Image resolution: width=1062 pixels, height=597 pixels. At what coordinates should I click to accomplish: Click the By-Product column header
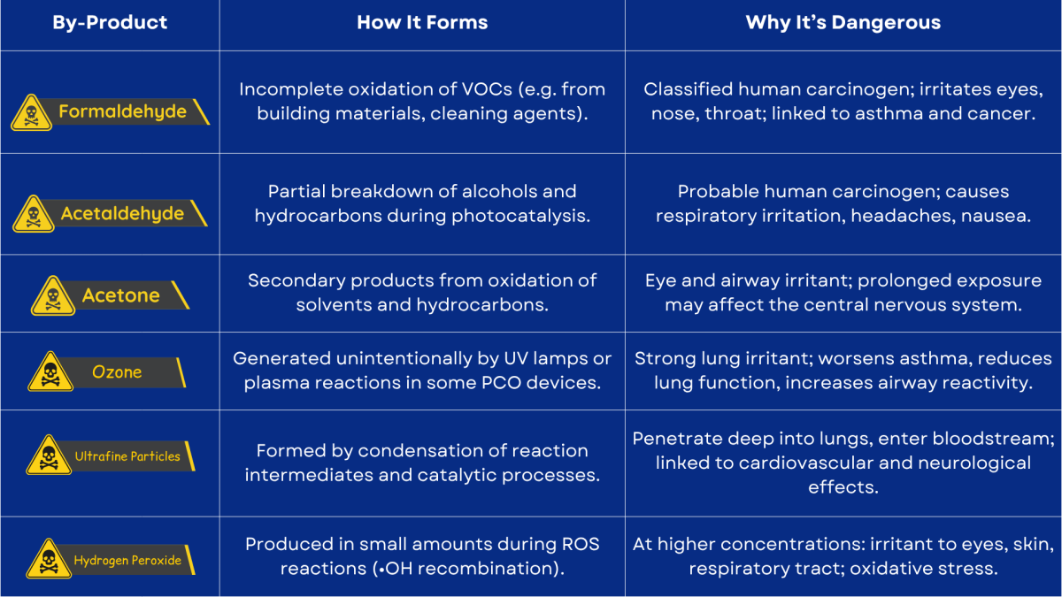coord(110,23)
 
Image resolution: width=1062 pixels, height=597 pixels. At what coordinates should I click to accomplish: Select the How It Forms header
coord(422,22)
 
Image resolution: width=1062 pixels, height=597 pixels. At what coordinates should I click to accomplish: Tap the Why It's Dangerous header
coord(843,23)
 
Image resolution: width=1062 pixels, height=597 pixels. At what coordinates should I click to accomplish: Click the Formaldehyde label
coord(122,111)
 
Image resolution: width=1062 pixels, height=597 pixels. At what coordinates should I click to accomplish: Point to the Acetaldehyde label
coord(122,214)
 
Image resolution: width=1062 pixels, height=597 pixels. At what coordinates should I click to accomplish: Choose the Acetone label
coord(121,295)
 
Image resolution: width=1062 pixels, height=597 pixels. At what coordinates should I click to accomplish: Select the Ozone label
coord(117,372)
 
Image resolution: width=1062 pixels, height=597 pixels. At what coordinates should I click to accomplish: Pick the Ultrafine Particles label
coord(127,456)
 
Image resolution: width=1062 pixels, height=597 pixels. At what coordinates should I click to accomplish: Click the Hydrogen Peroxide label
coord(127,561)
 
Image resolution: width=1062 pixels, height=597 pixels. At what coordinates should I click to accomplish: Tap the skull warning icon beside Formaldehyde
coord(31,113)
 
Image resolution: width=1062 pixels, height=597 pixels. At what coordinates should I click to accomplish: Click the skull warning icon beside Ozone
coord(50,371)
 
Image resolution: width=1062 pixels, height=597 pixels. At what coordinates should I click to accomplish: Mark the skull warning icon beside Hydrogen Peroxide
coord(49,559)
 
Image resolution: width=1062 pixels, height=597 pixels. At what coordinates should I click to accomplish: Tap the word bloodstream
coord(993,439)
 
